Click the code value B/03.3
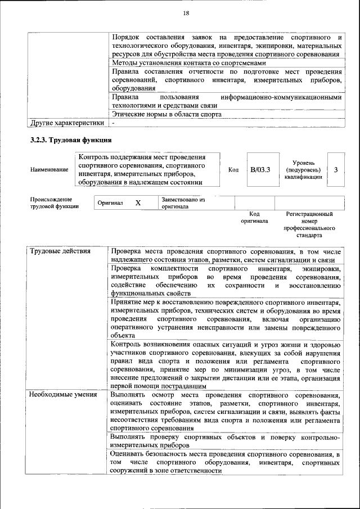(x=260, y=169)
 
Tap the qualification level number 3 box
(x=335, y=169)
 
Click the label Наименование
(x=49, y=169)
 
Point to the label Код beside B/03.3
(x=233, y=169)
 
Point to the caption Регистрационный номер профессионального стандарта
(x=309, y=225)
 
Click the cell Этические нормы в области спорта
(x=166, y=114)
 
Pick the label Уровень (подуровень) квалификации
(x=303, y=169)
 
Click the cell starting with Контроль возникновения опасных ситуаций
(x=226, y=365)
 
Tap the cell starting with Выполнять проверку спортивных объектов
(x=226, y=440)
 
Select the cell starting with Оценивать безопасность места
(x=226, y=462)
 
